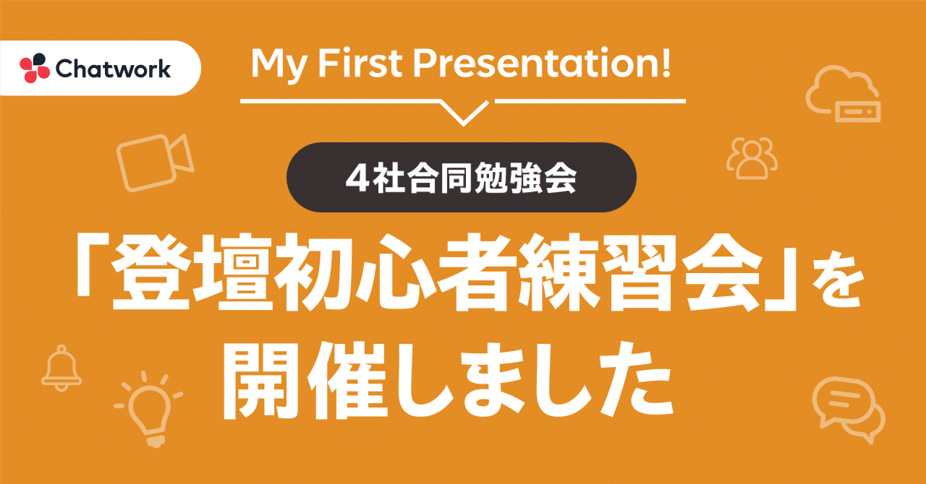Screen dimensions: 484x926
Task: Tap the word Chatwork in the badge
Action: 113,69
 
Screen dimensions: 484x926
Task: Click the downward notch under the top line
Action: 463,113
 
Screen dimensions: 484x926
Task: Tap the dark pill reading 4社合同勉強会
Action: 462,178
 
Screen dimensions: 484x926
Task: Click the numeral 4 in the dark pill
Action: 354,178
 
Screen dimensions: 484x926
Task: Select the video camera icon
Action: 155,162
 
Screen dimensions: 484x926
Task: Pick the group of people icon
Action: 752,158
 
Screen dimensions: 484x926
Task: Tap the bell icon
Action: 61,366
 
